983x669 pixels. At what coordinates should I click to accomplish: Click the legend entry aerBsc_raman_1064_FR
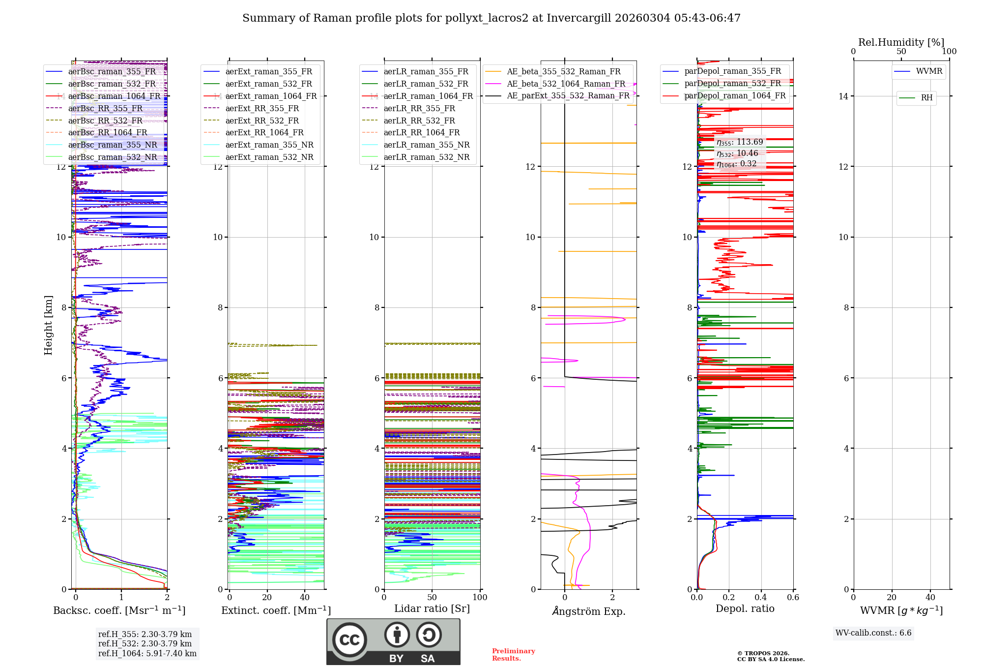tap(114, 96)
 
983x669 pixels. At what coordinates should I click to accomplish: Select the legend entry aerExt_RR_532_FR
tap(262, 121)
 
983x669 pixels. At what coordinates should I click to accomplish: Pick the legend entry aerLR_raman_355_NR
tap(426, 145)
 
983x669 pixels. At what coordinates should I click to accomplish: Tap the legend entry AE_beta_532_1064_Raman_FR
tap(566, 84)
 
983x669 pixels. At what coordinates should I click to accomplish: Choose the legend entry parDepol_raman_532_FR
tap(732, 84)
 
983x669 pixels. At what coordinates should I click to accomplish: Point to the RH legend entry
tap(926, 98)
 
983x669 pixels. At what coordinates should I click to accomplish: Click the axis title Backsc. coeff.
tap(119, 610)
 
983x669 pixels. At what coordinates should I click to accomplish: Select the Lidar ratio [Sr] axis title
tap(432, 608)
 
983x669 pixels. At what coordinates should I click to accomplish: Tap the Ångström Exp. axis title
tap(588, 611)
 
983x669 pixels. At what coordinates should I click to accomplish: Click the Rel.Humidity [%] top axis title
tap(901, 42)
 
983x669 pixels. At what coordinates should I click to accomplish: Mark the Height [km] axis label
tap(48, 325)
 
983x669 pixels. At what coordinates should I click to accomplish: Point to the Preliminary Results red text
tap(513, 655)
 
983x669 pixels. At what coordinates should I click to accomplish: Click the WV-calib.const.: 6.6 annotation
tap(873, 633)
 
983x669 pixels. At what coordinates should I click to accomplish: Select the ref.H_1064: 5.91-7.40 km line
tap(147, 654)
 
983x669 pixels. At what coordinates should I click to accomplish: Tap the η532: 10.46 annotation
tap(737, 153)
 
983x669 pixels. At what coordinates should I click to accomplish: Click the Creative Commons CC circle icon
tap(349, 639)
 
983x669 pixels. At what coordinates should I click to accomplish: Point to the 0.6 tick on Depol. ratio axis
tap(793, 598)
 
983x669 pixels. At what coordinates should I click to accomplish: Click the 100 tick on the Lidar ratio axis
tap(480, 598)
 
